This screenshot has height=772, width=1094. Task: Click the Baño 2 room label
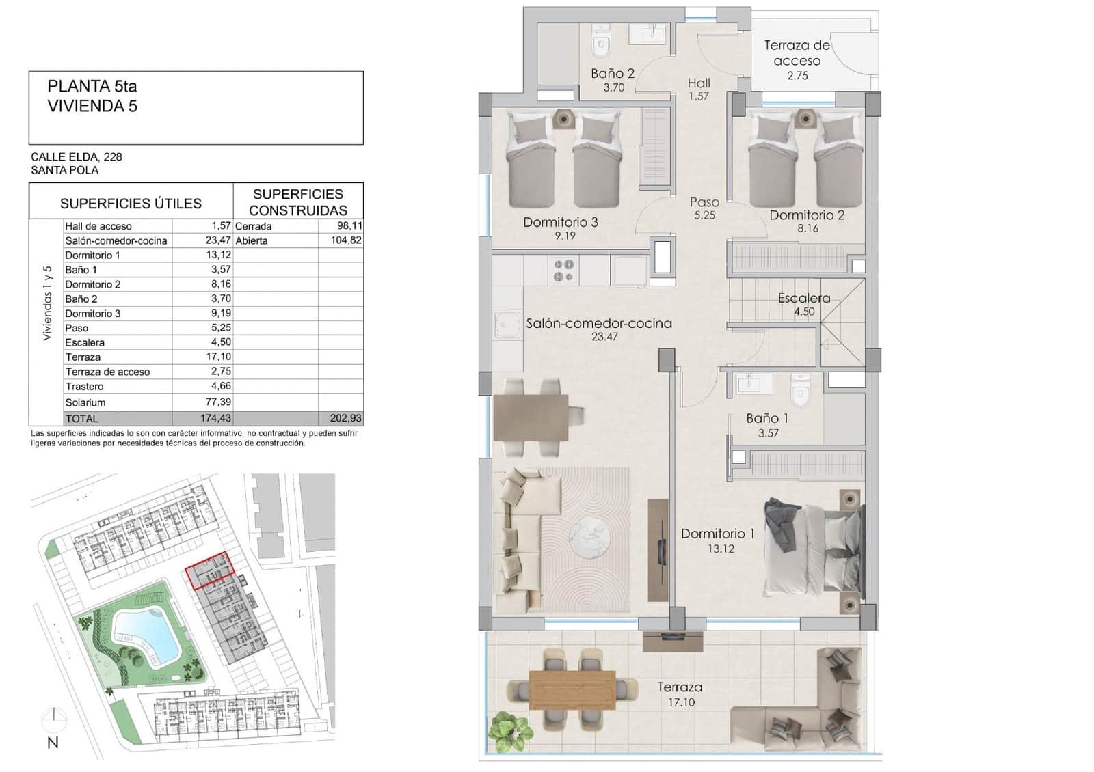(613, 73)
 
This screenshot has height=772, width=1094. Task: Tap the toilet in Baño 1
(799, 391)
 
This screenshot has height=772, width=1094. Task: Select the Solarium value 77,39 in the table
(218, 402)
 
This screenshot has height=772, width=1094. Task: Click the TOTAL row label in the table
(82, 419)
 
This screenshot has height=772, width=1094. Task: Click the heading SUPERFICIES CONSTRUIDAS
(298, 202)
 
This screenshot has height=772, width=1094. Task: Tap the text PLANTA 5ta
(92, 87)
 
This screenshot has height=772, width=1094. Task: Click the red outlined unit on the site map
(211, 571)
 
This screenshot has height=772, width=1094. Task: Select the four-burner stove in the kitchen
(563, 270)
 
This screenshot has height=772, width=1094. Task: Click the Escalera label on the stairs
(804, 299)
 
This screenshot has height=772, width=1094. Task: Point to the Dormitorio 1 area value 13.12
(721, 549)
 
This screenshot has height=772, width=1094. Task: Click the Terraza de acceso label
(797, 53)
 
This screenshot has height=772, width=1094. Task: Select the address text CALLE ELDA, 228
(77, 157)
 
